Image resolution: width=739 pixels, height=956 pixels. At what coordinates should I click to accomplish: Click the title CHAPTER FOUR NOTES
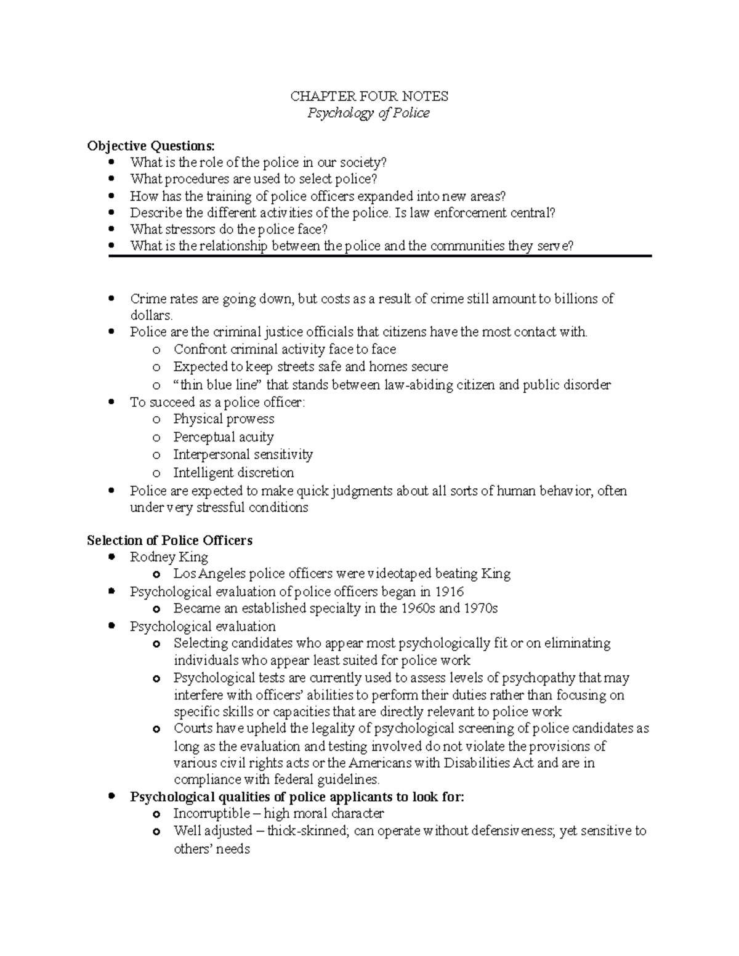[369, 96]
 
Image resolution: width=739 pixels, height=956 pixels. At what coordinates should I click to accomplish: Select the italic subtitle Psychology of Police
[369, 113]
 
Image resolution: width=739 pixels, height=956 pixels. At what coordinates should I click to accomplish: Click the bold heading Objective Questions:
[151, 146]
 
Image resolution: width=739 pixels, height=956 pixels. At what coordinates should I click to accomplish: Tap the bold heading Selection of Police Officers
[170, 540]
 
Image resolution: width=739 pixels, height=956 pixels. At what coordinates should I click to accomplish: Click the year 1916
[450, 592]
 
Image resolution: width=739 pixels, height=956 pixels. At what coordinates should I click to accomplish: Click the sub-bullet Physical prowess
[224, 419]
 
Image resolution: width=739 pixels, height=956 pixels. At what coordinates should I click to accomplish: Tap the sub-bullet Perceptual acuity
[223, 437]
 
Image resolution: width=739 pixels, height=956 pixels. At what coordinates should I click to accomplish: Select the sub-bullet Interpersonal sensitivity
[243, 455]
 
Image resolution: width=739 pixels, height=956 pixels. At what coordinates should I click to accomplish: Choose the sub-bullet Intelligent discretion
[233, 473]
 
